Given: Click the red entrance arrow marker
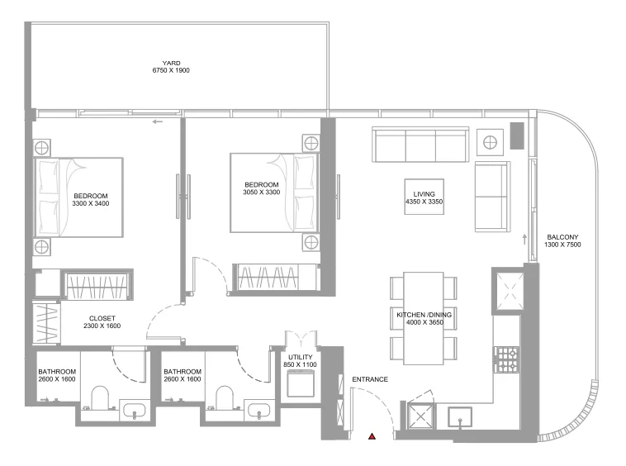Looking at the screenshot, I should point(372,435).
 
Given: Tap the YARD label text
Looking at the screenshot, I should point(171,63).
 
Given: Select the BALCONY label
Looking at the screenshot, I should point(562,237).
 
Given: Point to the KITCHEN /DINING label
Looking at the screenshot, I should point(424,315).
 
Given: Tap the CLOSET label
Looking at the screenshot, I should point(102,318).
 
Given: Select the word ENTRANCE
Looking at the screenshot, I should point(370,379).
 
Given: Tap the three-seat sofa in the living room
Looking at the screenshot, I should point(420,145).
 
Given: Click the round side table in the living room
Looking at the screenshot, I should point(490,142).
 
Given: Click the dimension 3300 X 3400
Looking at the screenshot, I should point(91,202).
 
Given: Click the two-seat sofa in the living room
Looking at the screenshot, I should point(491,196).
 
